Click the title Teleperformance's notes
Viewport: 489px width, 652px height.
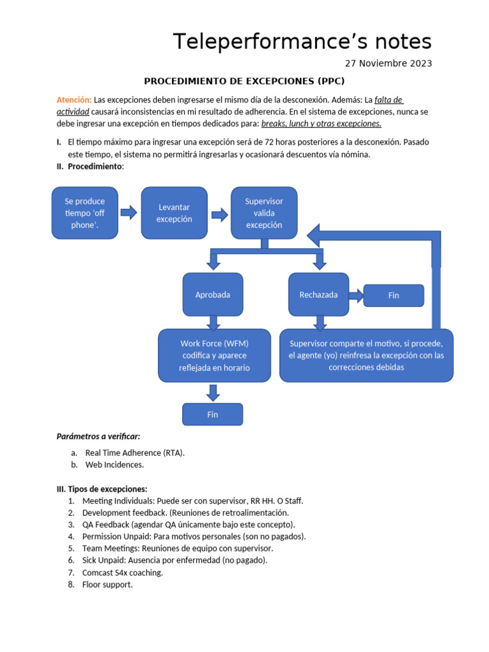[x=302, y=41]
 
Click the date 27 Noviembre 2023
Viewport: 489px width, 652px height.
[x=388, y=63]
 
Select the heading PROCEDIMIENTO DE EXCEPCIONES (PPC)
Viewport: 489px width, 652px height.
[x=244, y=81]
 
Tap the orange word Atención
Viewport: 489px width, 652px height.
[x=74, y=100]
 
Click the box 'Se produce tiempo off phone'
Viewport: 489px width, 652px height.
[x=85, y=213]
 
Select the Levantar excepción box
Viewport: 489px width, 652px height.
[x=174, y=213]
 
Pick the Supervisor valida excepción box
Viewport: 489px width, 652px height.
[x=264, y=213]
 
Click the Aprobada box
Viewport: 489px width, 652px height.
[x=213, y=295]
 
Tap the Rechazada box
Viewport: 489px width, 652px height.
[x=318, y=295]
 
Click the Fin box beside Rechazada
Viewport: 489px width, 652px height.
[x=393, y=295]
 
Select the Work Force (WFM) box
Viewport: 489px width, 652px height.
[x=214, y=355]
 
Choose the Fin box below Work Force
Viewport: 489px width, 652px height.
[x=213, y=414]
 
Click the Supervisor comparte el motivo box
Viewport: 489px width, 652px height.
[x=366, y=355]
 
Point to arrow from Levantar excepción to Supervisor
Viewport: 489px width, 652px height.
[x=220, y=215]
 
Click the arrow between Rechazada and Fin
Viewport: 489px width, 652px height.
[x=356, y=295]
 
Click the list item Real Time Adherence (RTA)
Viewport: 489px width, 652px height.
[x=134, y=453]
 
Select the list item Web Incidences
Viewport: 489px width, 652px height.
[x=114, y=465]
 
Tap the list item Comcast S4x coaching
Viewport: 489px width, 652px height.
[x=122, y=572]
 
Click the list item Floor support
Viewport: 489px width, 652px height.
[x=107, y=585]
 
